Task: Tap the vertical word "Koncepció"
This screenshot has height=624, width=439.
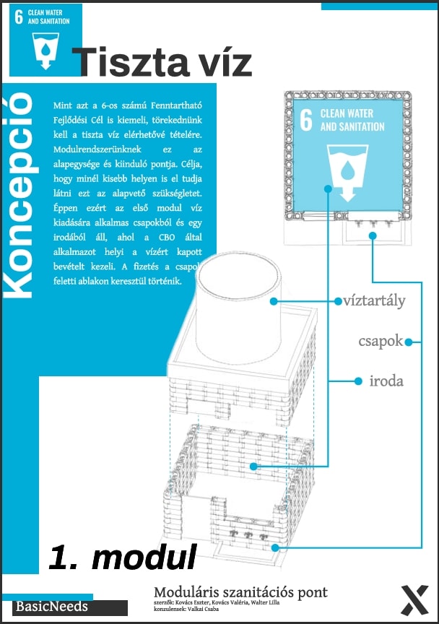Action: pos(20,194)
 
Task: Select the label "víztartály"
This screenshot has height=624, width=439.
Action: pos(375,300)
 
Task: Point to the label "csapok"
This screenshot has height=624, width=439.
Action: pos(381,341)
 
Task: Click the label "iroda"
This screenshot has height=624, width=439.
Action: pos(386,381)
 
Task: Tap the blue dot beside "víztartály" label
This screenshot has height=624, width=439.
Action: pos(337,300)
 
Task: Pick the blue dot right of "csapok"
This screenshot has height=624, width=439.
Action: pos(409,342)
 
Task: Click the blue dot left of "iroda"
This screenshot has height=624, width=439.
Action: pos(358,381)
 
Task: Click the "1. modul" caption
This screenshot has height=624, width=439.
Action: pos(123,557)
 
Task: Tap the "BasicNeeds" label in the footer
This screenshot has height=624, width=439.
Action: pos(52,607)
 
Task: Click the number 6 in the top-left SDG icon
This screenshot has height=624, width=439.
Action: pos(19,18)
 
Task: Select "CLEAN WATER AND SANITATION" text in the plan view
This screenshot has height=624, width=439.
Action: pos(352,120)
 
